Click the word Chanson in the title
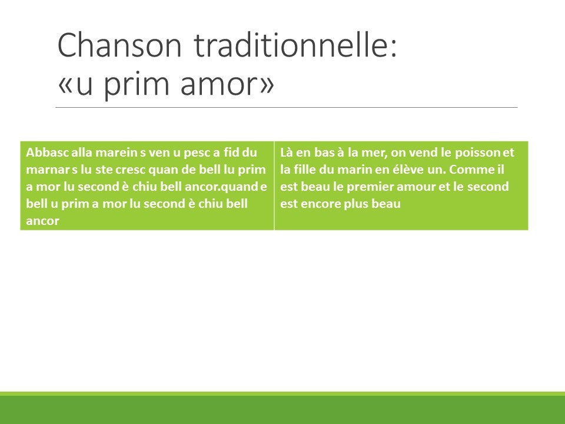(119, 45)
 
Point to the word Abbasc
(47, 153)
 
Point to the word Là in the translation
(287, 153)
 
